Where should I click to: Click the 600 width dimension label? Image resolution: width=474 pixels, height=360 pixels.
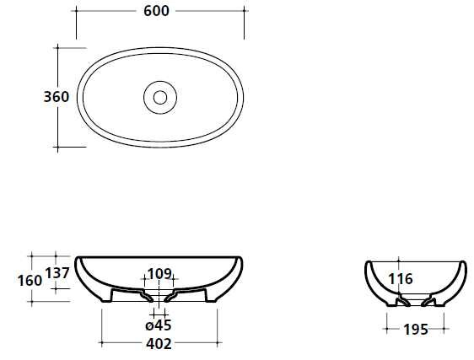pos(156,11)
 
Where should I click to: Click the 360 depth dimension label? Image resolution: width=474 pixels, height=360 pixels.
pos(57,97)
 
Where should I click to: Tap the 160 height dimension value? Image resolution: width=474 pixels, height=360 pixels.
pos(30,281)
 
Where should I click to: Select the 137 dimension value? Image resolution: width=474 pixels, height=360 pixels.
pos(57,273)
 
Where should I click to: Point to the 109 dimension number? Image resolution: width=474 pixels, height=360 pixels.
pos(160,274)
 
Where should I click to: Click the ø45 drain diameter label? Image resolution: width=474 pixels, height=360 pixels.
pos(159,325)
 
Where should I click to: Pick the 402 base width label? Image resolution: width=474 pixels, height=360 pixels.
pos(159,344)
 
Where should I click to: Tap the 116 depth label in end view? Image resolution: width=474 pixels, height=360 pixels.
pos(401,279)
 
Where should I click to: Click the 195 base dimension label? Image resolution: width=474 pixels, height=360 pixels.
pos(416,330)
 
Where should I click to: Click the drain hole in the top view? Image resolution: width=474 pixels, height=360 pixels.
pos(160,97)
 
